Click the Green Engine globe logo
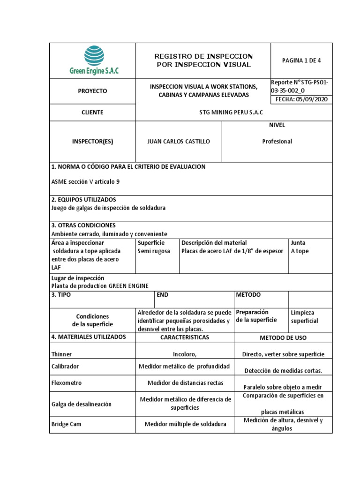pos(94,55)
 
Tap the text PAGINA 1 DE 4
pos(301,60)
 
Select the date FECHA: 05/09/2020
pos(301,99)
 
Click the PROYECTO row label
pos(92,91)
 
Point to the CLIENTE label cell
pos(92,112)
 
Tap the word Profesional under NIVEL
pos(277,142)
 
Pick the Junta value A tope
pos(300,251)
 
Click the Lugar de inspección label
pos(77,278)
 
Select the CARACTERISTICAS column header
pos(185,337)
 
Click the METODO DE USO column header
pos(283,338)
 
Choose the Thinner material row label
pos(61,354)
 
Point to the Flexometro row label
pos(66,383)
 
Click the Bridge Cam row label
pos(66,424)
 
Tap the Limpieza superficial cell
pos(304,317)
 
